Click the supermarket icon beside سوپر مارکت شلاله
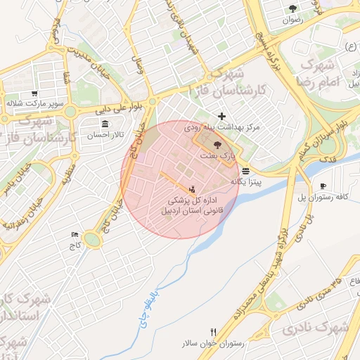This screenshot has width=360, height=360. coord(34,94)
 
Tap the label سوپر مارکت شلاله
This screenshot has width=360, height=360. coord(37,104)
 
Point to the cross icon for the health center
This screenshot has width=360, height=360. coord(222,116)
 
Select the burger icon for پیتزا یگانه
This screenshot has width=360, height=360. coord(245,171)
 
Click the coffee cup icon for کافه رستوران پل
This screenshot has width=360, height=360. coord(323,186)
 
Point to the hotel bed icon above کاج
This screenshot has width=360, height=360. coord(75,235)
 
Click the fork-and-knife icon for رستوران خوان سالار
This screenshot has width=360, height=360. coord(213,333)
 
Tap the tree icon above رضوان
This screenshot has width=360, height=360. coord(292,9)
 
